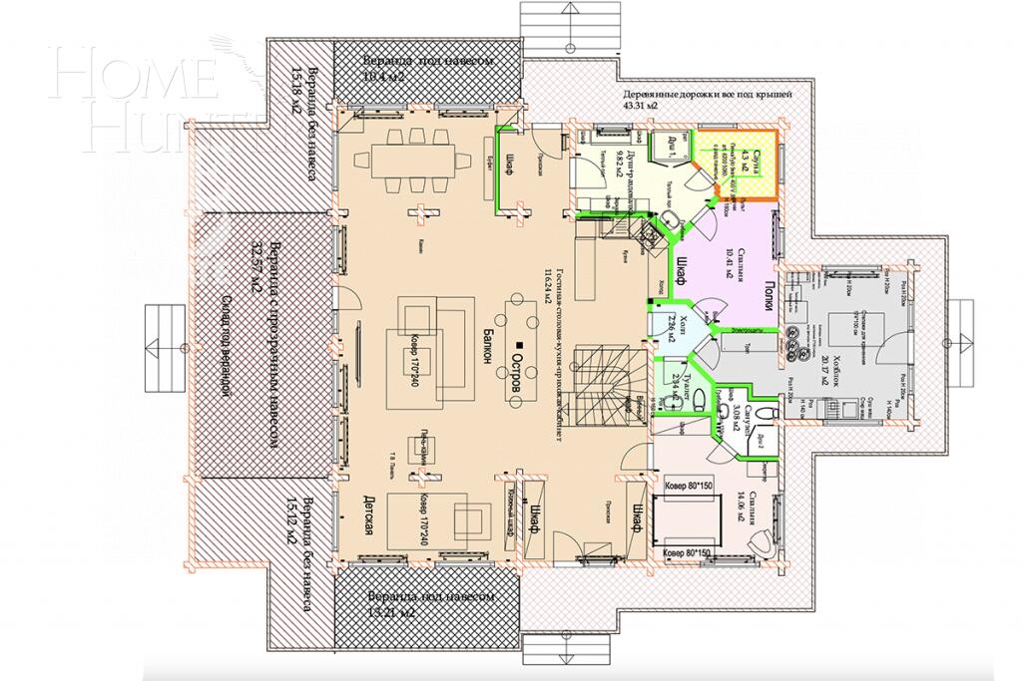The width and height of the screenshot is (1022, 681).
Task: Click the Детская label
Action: click(367, 517)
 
